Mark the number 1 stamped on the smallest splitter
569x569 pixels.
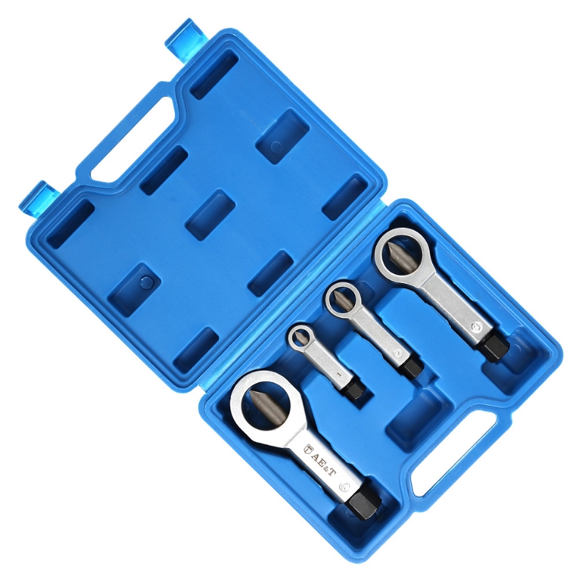pos(339,373)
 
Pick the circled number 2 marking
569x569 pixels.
pos(398,351)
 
